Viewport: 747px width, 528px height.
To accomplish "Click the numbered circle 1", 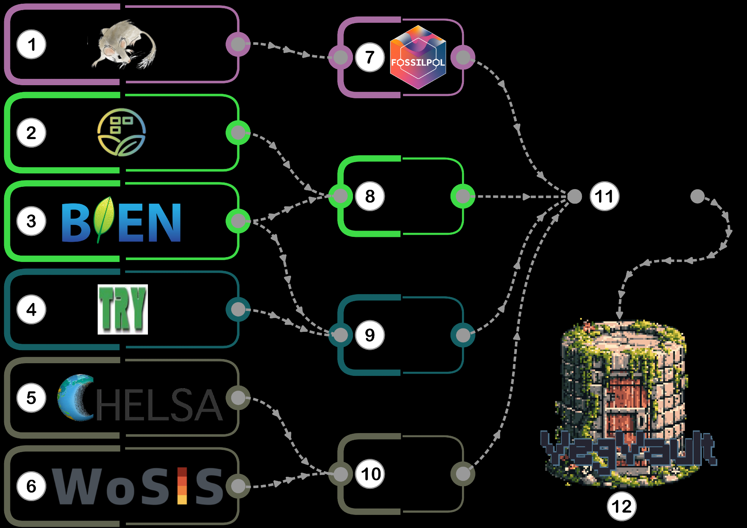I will tap(31, 44).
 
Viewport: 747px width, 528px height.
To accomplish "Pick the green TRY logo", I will tap(123, 309).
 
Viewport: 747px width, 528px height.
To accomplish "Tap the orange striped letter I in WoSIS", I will tap(182, 486).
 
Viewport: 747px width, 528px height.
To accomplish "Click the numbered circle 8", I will tap(370, 196).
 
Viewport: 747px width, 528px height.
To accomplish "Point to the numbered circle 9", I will tap(370, 335).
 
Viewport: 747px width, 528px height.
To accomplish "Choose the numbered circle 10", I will tap(371, 474).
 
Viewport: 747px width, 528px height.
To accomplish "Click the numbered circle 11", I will tap(604, 196).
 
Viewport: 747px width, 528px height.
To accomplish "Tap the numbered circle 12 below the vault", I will tap(622, 506).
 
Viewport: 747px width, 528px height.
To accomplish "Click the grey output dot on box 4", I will tap(238, 309).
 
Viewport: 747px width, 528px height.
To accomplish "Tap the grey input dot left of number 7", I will tap(341, 57).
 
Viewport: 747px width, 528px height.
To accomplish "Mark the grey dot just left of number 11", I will tap(574, 196).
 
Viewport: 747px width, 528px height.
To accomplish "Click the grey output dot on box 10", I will tap(463, 474).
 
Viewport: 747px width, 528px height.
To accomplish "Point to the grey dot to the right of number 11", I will tap(697, 196).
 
